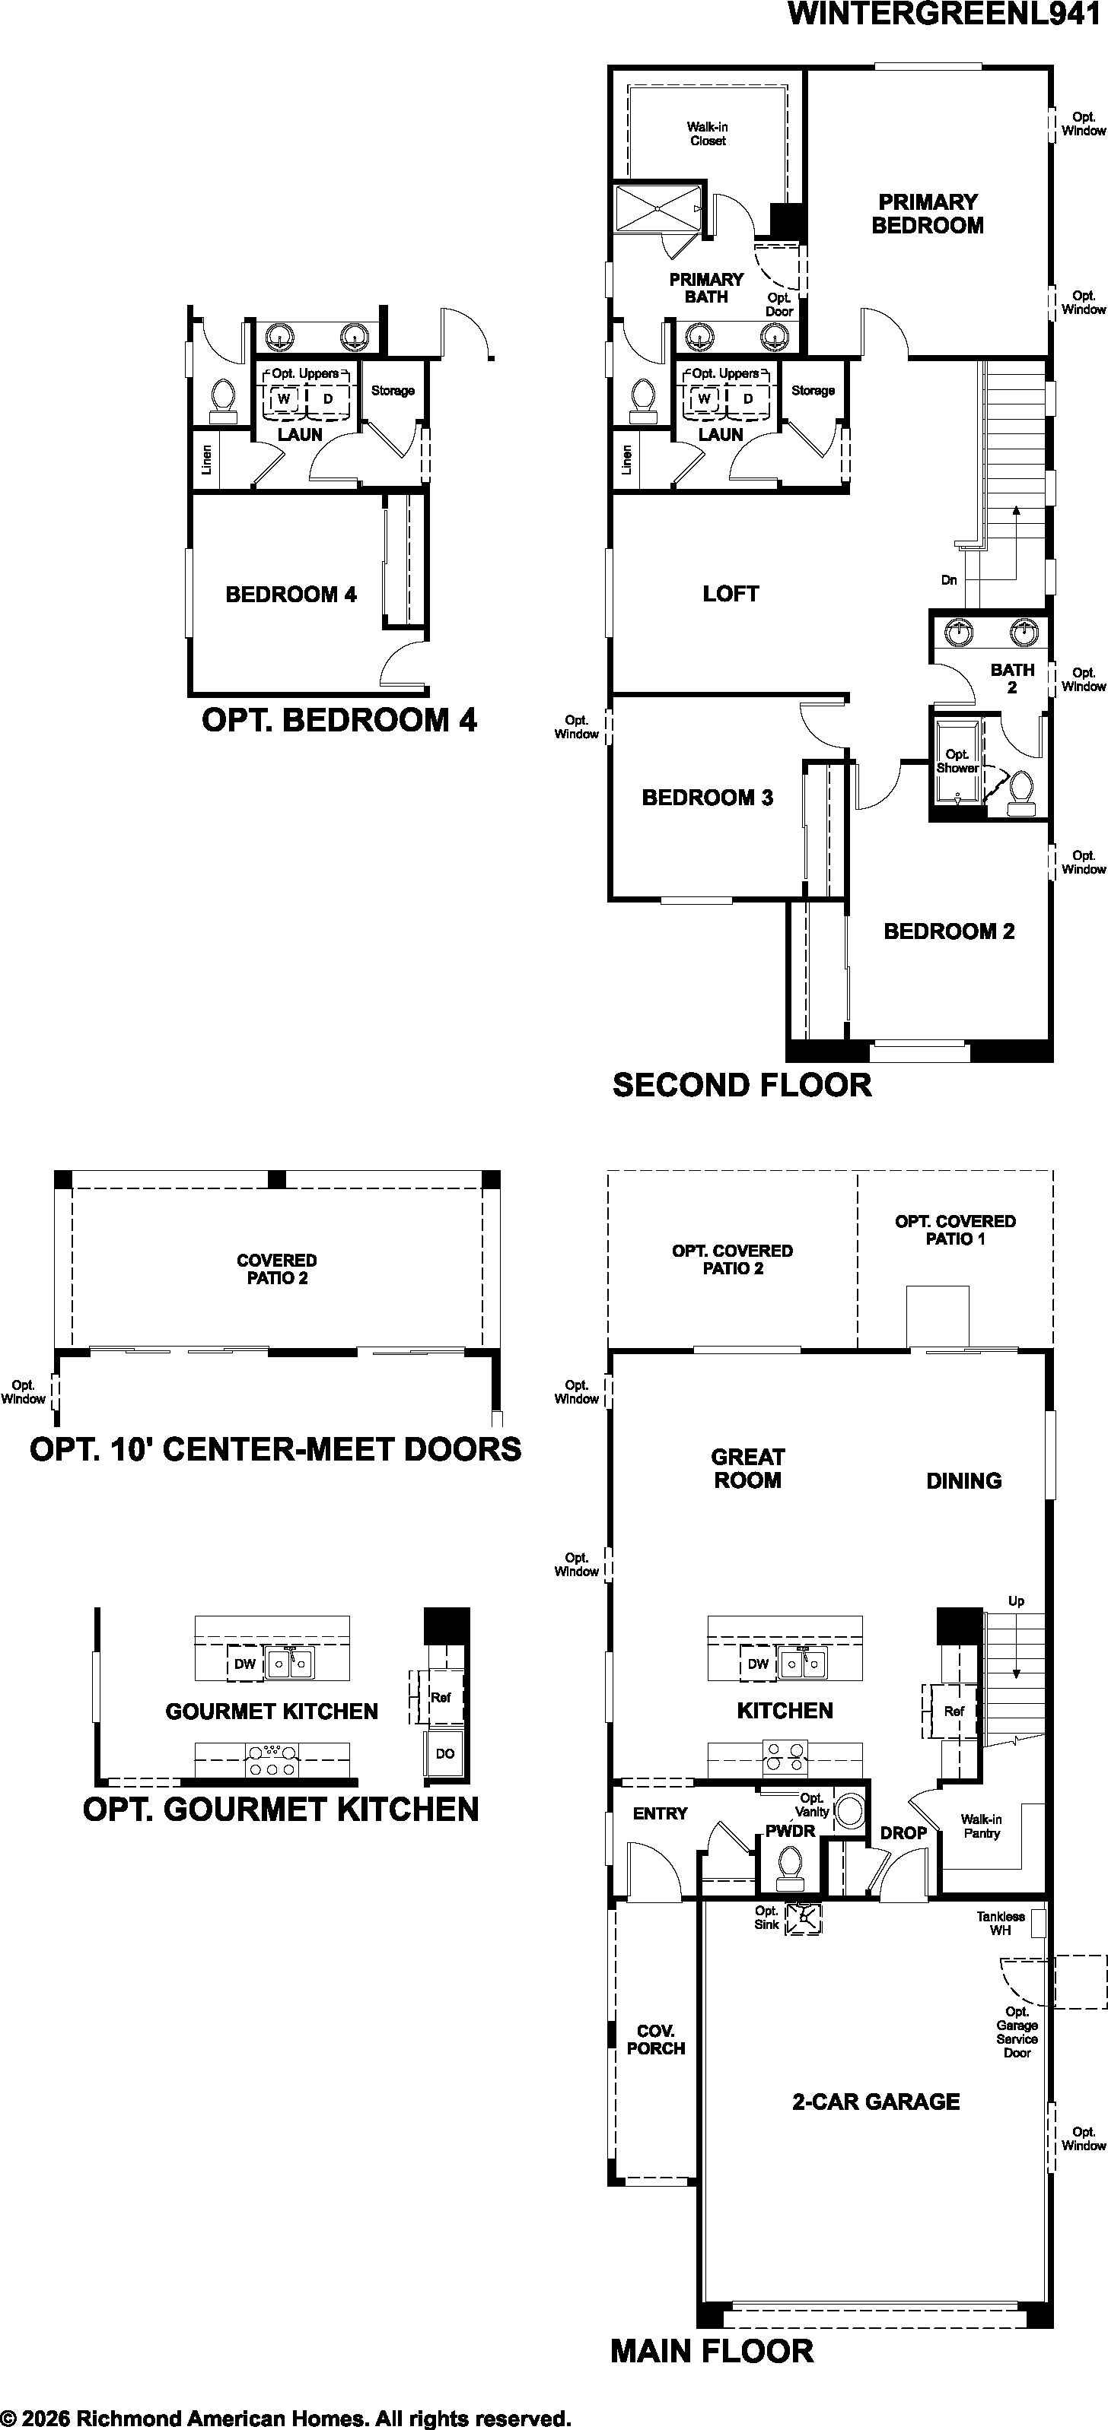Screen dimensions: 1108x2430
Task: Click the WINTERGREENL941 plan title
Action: (944, 15)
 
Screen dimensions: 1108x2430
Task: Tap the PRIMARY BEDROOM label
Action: (928, 213)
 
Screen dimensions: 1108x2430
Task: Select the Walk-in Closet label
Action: (708, 134)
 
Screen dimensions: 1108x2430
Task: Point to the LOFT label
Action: (731, 593)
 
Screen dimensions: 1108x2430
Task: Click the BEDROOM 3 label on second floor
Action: (707, 797)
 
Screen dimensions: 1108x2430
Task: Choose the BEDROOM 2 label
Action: (948, 931)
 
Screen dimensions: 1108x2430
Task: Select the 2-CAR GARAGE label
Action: (876, 2101)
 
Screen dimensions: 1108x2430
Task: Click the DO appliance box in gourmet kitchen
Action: (444, 1753)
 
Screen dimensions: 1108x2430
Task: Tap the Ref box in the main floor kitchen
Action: (954, 1710)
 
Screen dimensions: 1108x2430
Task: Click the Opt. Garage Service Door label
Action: (1017, 2032)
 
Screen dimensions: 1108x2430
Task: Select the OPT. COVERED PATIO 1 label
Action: (955, 1230)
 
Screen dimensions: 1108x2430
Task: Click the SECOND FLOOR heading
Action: (742, 1085)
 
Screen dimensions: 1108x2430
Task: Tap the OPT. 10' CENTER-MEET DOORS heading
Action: (275, 1449)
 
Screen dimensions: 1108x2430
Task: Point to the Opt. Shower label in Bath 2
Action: (957, 761)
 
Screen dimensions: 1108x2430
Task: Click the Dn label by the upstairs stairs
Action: (948, 580)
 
